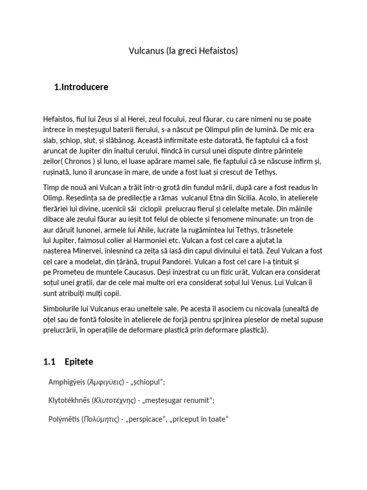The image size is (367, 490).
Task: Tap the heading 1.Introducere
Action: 82,87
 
